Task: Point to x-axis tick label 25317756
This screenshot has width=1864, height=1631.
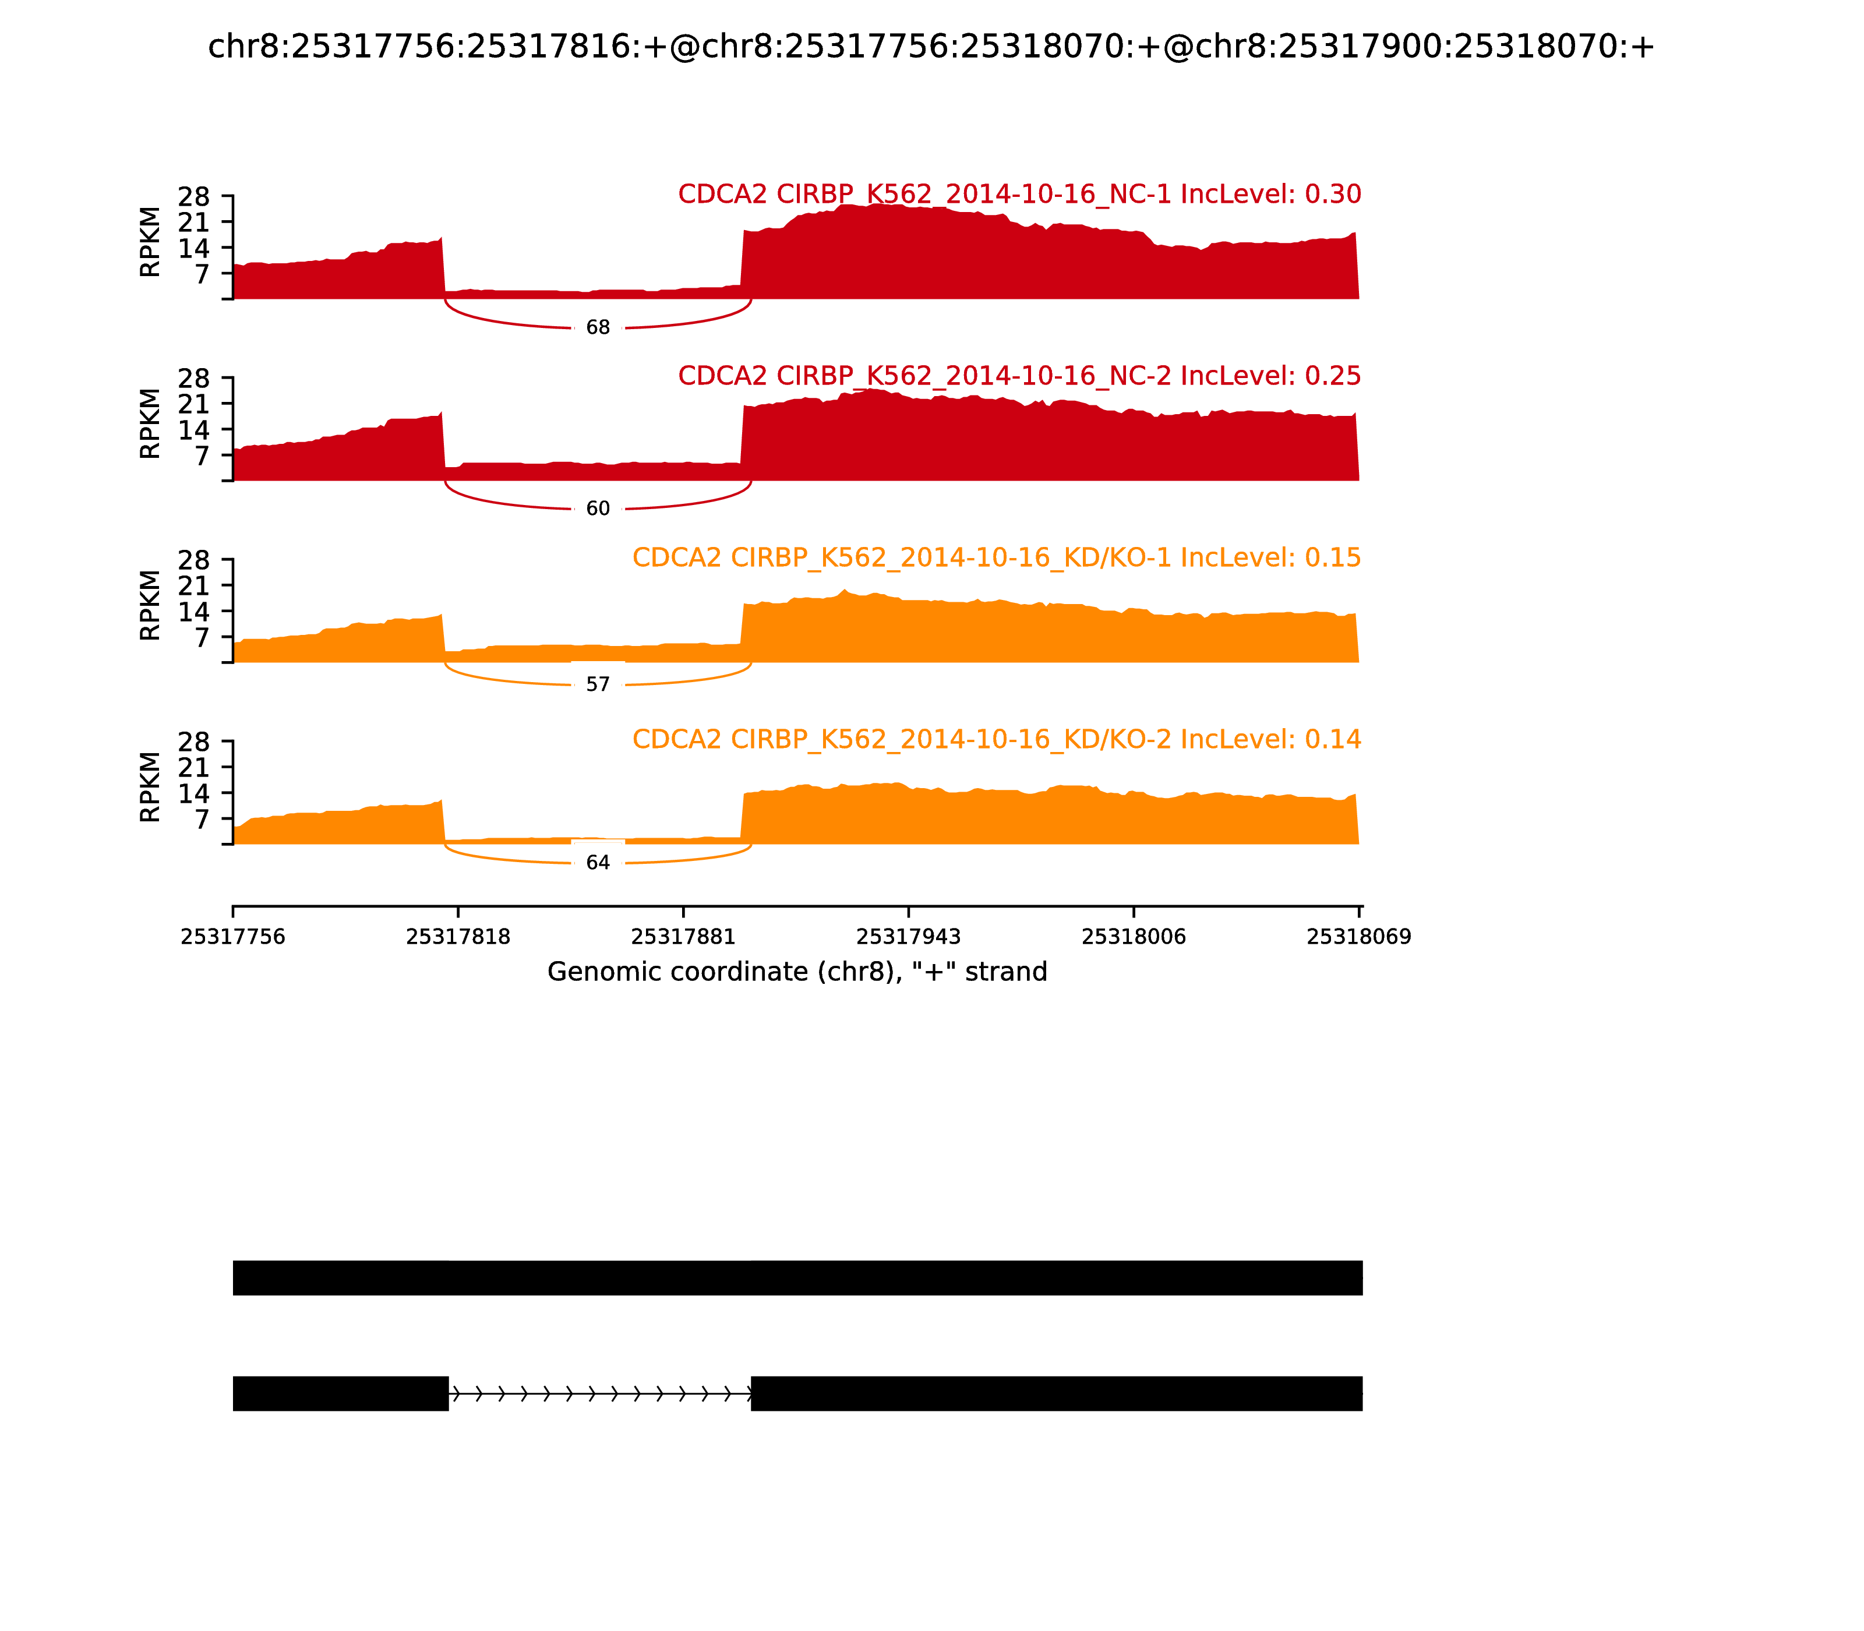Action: coord(233,937)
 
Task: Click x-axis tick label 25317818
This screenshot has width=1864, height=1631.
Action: coord(458,937)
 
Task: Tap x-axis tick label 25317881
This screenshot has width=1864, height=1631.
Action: coord(683,937)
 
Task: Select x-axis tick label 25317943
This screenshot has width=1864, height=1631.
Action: coord(908,937)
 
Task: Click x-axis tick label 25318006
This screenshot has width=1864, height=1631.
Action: coord(1133,937)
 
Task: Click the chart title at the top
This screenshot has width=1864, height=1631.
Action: coord(930,47)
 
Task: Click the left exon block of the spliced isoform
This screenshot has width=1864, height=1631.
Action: coord(340,1393)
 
